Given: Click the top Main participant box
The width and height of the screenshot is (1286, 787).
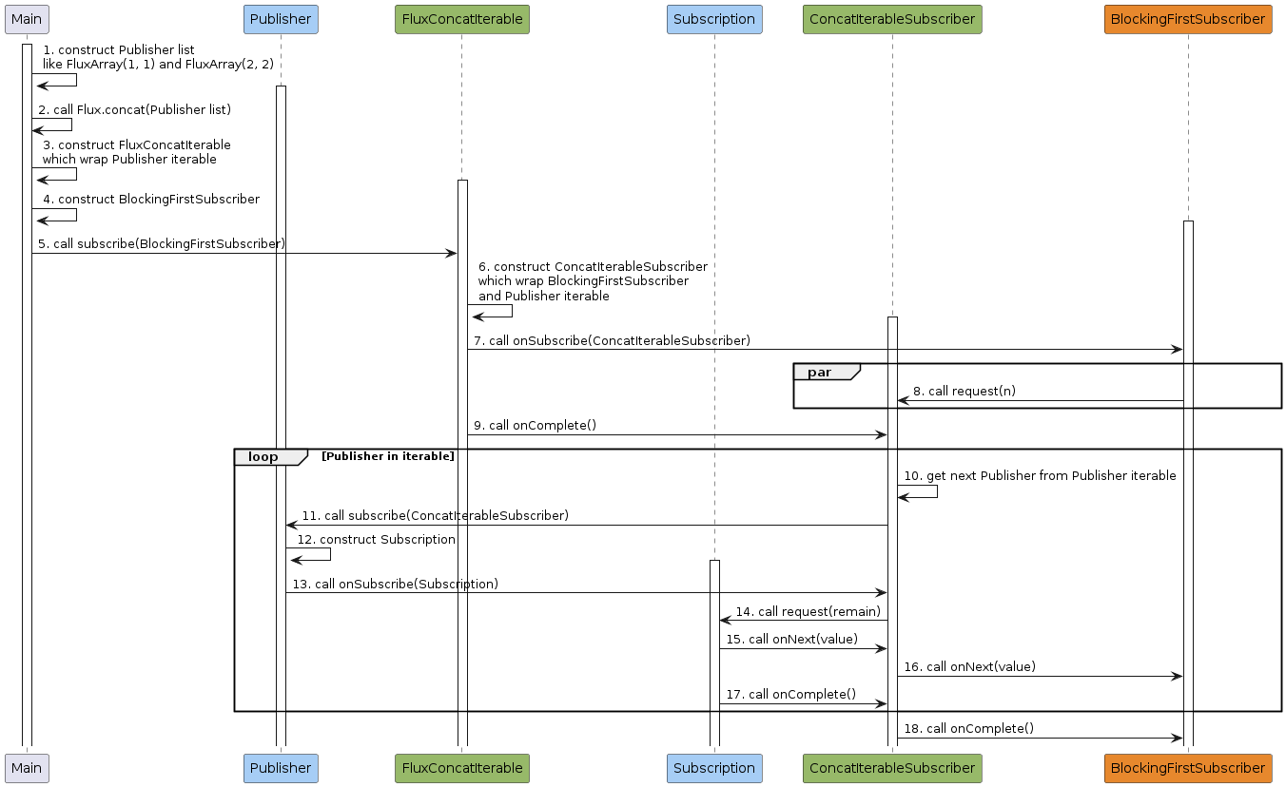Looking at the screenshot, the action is point(27,20).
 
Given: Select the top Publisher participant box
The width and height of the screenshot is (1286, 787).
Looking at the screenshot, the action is point(281,20).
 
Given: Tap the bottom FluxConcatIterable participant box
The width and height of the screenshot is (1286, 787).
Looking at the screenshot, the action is point(462,768).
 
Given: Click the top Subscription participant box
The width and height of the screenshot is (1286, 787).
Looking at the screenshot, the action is point(714,20).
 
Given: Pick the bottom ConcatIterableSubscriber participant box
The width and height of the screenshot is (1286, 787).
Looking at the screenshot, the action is point(892,768).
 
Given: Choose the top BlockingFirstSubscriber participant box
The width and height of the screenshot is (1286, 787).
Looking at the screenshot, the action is point(1188,20).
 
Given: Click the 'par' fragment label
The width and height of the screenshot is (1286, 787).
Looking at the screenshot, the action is point(819,373).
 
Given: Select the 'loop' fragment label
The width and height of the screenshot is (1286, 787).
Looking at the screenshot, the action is point(263,456).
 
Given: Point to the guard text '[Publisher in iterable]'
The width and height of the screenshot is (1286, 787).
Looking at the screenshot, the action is point(388,456).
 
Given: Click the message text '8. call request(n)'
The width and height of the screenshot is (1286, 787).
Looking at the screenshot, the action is point(964,392).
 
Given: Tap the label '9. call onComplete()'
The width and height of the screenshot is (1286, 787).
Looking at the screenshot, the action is point(536,425).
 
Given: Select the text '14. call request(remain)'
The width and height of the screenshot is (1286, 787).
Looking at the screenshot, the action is point(808,611).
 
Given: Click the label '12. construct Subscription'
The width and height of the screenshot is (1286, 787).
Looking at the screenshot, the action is point(376,539).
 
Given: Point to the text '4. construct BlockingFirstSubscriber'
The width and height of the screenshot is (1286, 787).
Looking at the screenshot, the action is point(151,199).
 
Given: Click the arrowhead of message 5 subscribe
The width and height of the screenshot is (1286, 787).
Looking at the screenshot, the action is point(452,254).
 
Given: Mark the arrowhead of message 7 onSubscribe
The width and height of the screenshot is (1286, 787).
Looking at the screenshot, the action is point(1178,350).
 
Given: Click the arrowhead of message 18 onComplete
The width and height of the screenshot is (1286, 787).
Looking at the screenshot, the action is point(1178,739).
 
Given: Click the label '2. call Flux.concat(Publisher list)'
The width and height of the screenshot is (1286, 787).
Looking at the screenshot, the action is point(134,109).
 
